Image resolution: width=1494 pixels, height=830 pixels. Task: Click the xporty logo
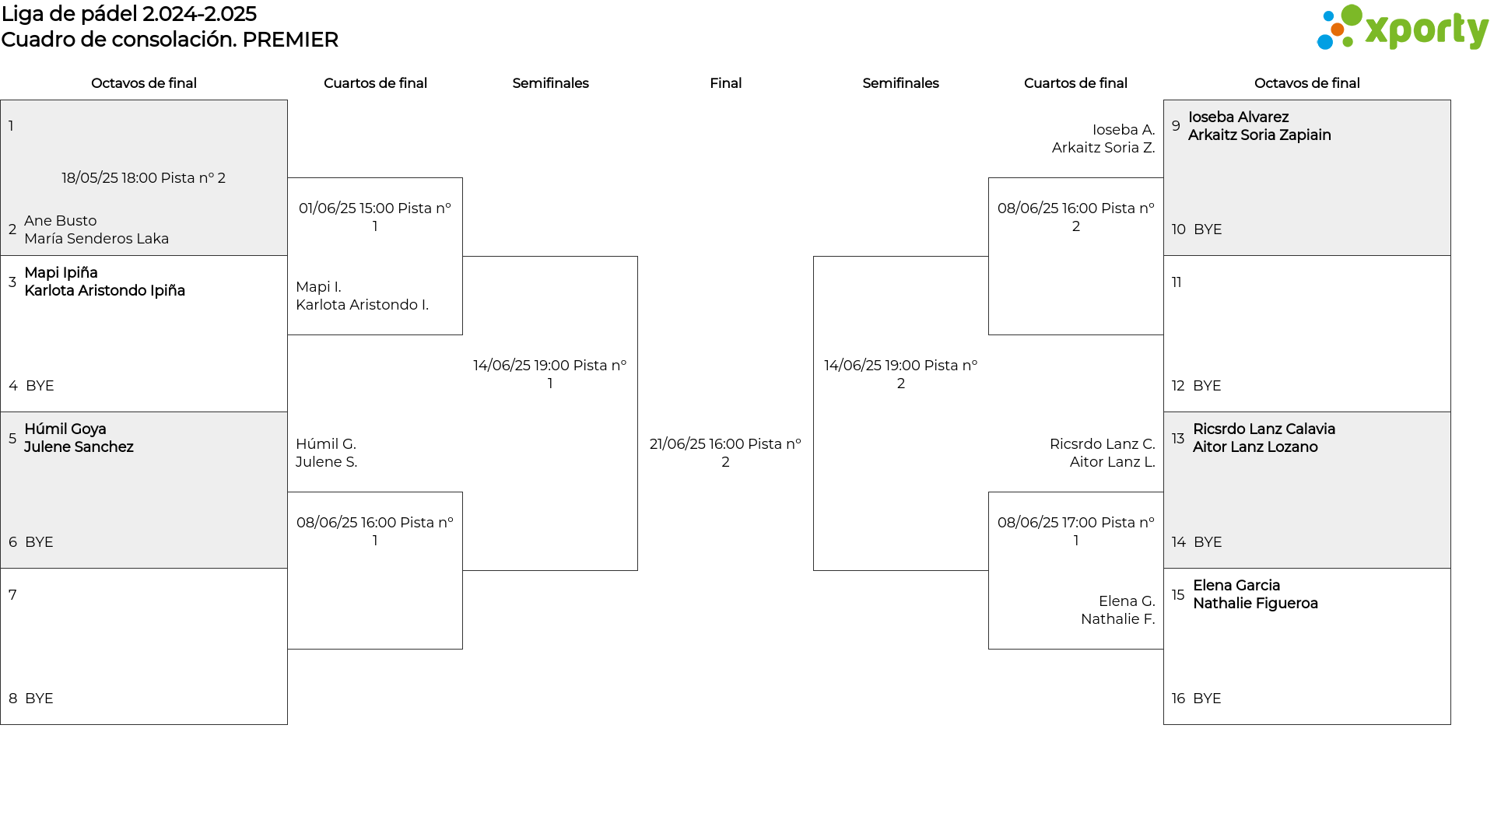(x=1402, y=28)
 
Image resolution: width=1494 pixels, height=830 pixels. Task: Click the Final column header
(x=725, y=83)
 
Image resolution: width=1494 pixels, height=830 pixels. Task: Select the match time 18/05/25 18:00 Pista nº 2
(x=144, y=178)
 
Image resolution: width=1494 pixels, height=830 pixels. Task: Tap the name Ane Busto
(x=61, y=221)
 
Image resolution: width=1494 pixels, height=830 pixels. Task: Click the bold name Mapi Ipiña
(x=61, y=273)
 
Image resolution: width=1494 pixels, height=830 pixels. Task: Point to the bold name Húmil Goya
(x=65, y=429)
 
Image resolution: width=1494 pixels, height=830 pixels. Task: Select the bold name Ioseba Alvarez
(x=1238, y=117)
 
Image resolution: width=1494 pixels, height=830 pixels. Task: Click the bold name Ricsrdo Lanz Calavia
(x=1264, y=429)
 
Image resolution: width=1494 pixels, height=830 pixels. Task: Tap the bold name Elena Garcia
(x=1236, y=586)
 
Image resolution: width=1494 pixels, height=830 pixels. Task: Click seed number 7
(x=12, y=595)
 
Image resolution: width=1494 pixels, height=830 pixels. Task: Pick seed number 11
(x=1177, y=282)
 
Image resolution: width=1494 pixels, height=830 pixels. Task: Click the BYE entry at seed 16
(x=1207, y=699)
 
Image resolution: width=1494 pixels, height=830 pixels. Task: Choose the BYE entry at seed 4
(x=40, y=386)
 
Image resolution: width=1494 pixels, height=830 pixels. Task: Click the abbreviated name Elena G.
(x=1127, y=601)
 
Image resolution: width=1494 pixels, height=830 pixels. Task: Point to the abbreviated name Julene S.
(x=327, y=462)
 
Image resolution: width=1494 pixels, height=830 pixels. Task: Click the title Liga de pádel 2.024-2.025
(x=129, y=14)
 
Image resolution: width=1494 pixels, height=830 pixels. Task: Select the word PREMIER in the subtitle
(x=290, y=40)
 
